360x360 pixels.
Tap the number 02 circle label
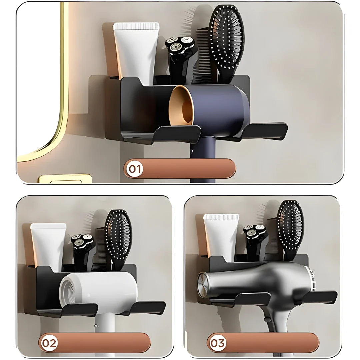coord(49,342)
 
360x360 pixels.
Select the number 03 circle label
coord(217,342)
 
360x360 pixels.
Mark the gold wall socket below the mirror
coord(65,179)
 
